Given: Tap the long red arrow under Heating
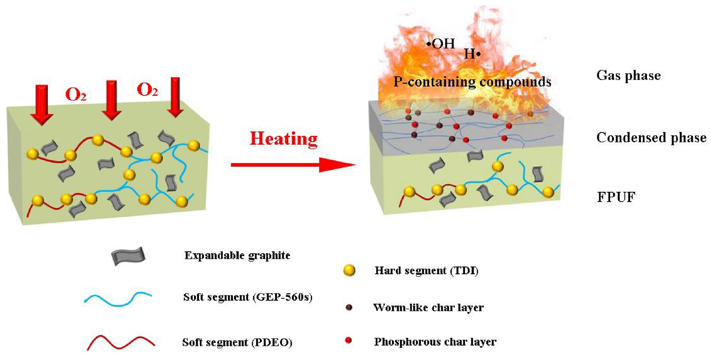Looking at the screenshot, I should click(x=292, y=165).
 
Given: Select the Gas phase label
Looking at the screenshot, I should click(x=629, y=75).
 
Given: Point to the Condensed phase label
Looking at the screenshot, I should click(x=651, y=137).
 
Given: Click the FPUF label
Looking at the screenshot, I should click(x=616, y=197).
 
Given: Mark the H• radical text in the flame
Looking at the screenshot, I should click(x=472, y=54).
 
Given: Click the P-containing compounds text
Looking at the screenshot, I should click(x=472, y=82).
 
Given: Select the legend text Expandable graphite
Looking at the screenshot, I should click(x=237, y=255).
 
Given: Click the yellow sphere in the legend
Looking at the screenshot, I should click(x=349, y=271).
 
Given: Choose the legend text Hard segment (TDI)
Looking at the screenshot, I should click(x=426, y=271).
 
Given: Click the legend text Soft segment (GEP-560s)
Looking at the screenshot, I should click(x=247, y=297).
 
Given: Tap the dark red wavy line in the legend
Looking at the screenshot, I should click(x=121, y=343).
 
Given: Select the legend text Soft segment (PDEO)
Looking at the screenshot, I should click(x=237, y=342).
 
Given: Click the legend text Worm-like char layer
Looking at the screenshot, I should click(x=428, y=308).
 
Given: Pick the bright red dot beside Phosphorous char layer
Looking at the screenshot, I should click(x=349, y=340).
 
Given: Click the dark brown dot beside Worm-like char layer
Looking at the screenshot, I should click(x=349, y=307).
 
